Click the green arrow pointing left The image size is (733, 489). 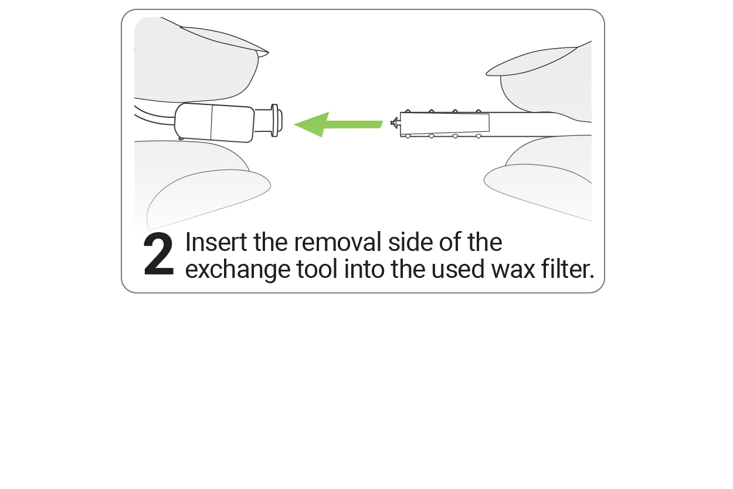click(x=338, y=125)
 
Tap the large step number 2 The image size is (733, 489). click(x=158, y=254)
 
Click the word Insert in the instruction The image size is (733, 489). click(x=216, y=242)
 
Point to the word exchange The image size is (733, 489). click(x=237, y=270)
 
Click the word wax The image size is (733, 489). click(x=513, y=270)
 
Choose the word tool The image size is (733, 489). click(x=317, y=269)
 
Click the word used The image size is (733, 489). click(x=457, y=269)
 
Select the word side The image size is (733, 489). click(x=410, y=242)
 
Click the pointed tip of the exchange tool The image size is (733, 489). click(x=391, y=123)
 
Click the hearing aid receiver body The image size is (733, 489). click(x=215, y=123)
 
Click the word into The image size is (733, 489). click(x=364, y=269)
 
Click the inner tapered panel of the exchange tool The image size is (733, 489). click(x=445, y=123)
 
